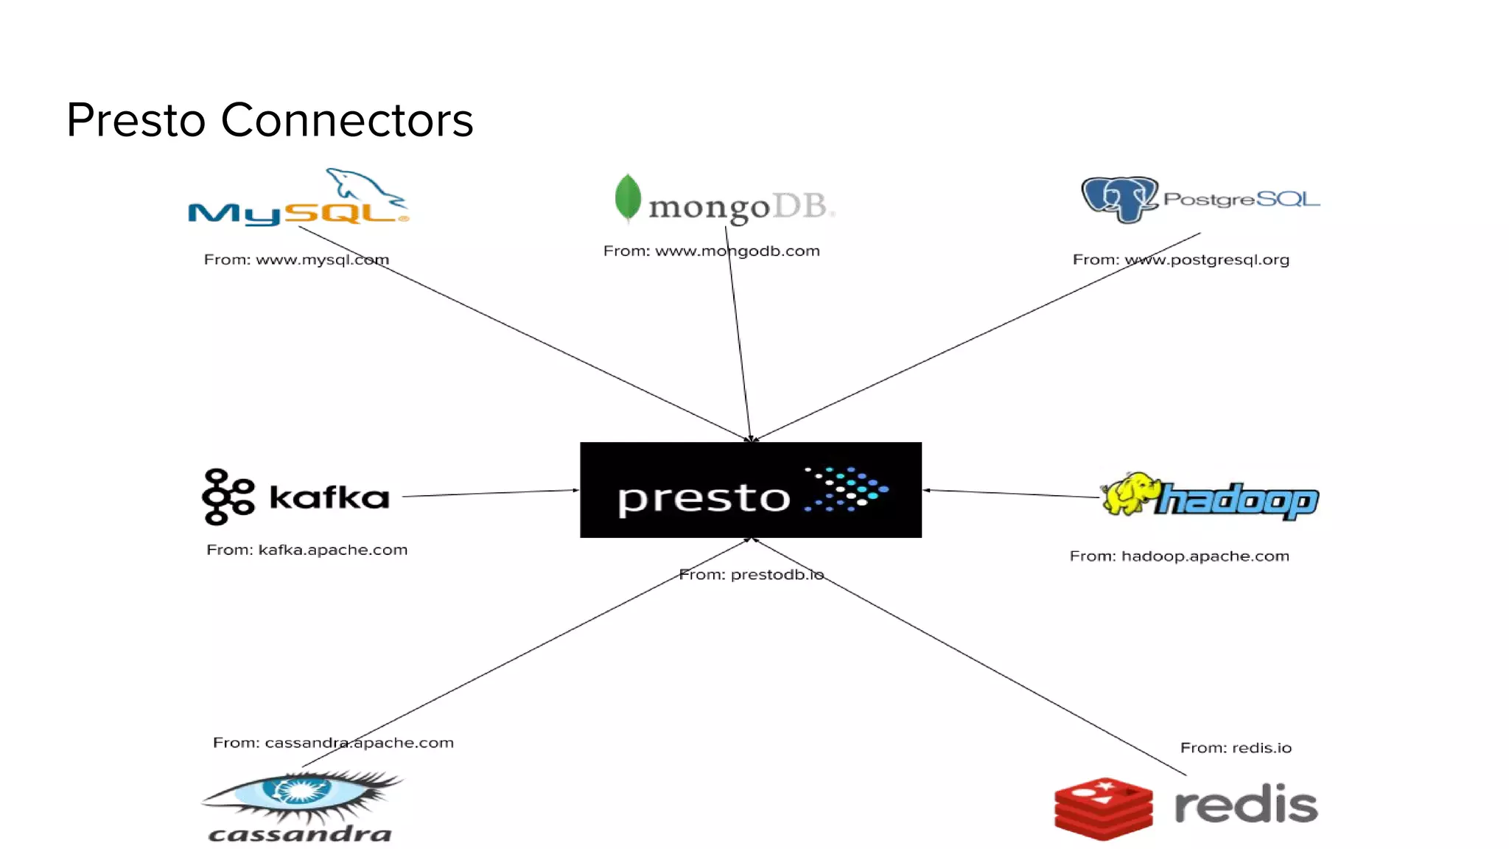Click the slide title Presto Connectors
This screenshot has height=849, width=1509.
(270, 120)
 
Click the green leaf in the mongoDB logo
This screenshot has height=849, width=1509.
(628, 198)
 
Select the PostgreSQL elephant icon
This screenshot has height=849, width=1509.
(1119, 199)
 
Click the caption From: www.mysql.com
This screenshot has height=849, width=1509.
(296, 259)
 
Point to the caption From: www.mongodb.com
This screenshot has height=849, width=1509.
(711, 251)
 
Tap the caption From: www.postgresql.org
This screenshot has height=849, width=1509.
(1180, 259)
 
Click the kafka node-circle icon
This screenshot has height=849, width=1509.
(227, 497)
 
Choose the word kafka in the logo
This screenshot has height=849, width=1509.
(329, 497)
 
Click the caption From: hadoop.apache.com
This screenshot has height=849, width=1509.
(1179, 556)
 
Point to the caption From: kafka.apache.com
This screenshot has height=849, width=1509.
(307, 550)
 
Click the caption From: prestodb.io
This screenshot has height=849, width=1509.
(751, 574)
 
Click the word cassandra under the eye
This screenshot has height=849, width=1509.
(300, 834)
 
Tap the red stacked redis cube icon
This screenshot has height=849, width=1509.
(1103, 808)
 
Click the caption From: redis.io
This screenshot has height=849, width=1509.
(1236, 747)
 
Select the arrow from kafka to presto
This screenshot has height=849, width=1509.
(490, 493)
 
